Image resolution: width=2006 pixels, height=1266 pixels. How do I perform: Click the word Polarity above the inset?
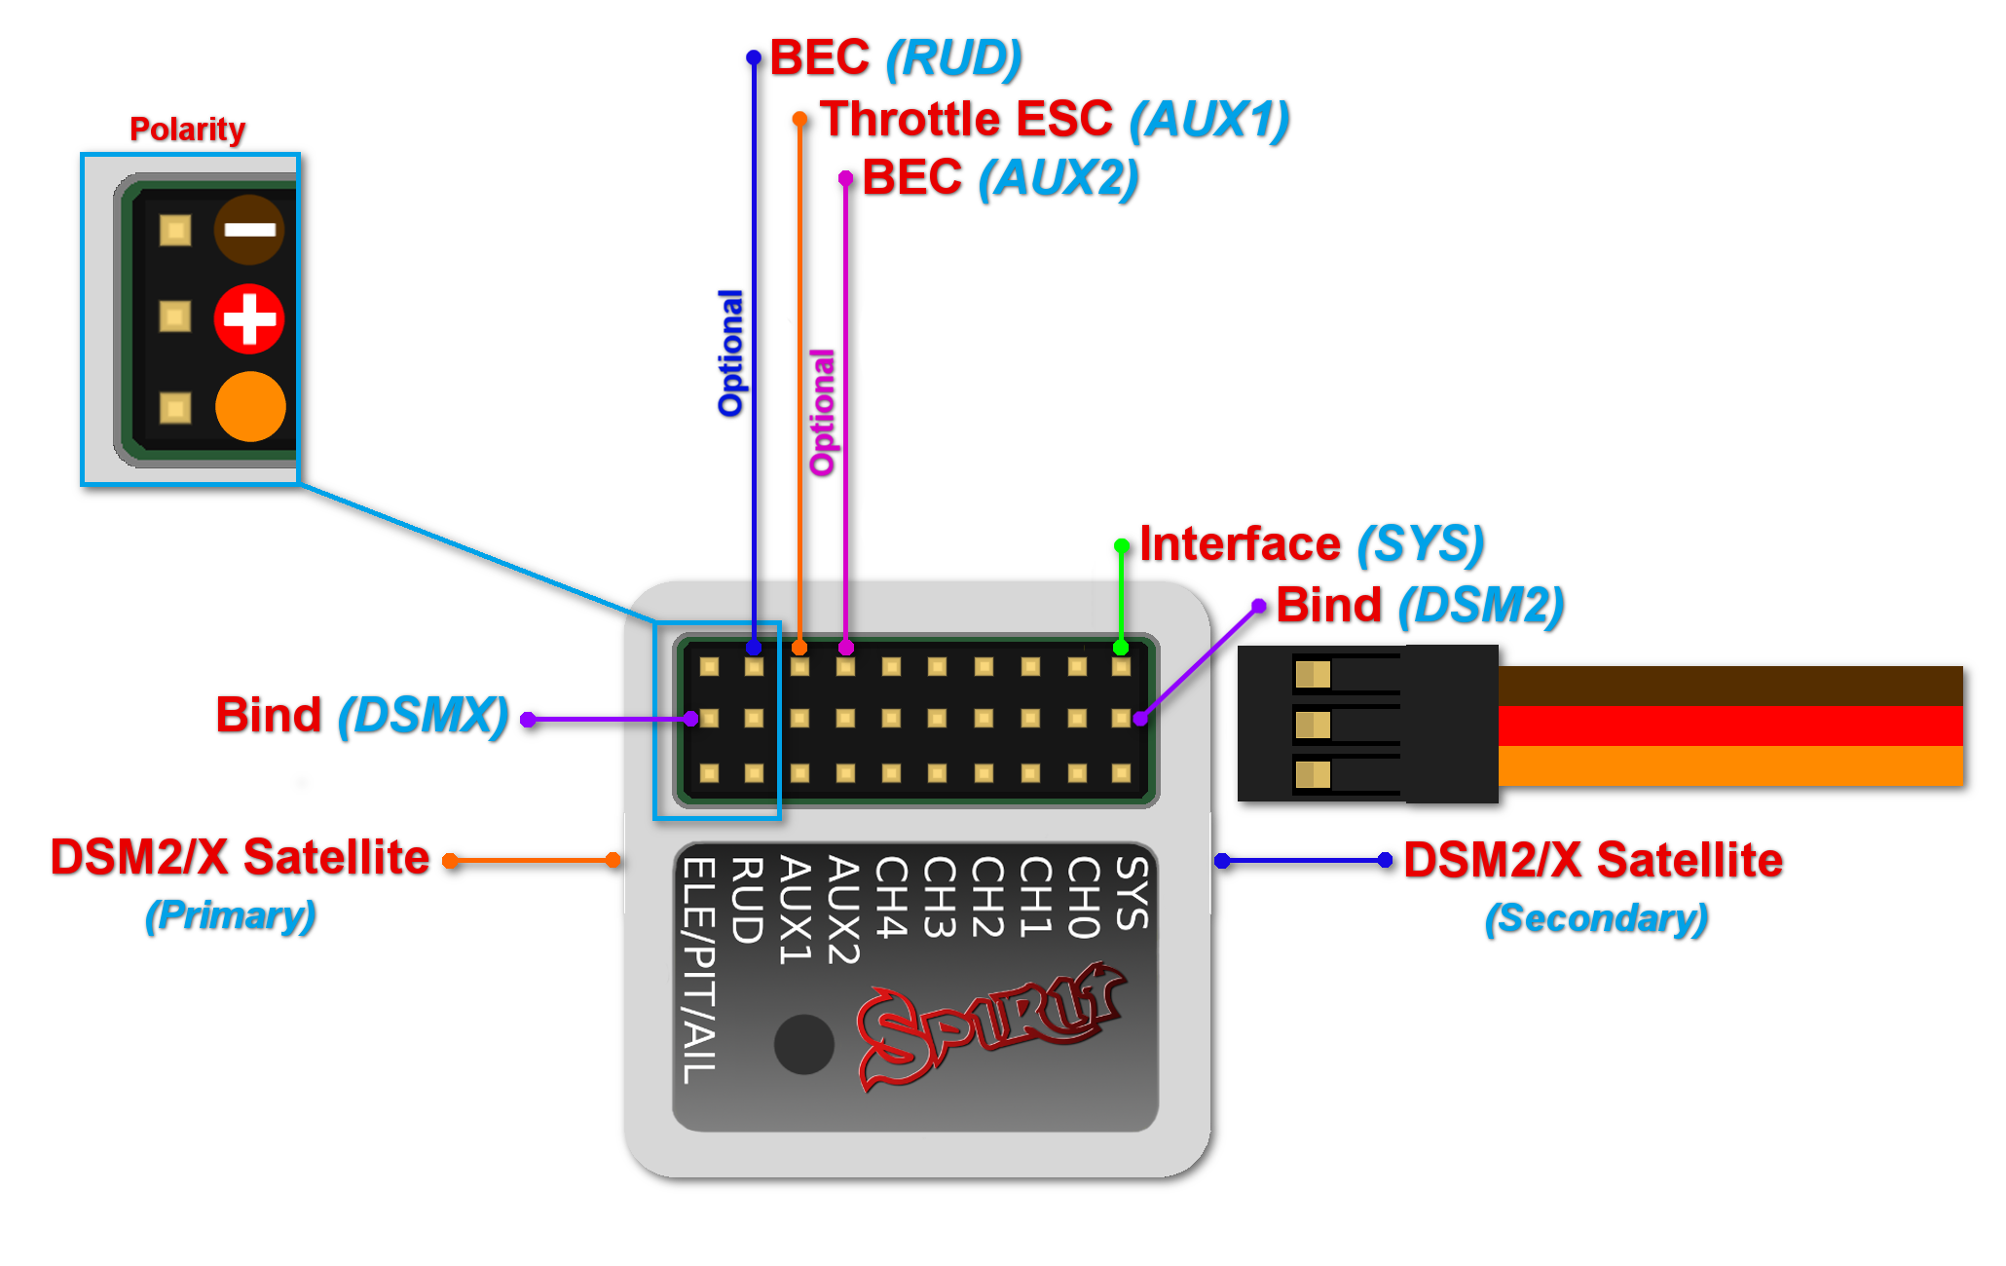tap(187, 129)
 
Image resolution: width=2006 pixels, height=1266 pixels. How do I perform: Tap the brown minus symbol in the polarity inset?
tap(249, 230)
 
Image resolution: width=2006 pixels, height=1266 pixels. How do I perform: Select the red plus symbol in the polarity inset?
tap(249, 318)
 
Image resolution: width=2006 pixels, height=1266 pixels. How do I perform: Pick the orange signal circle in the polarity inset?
tap(250, 406)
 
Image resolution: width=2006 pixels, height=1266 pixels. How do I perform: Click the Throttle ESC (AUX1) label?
tap(1054, 119)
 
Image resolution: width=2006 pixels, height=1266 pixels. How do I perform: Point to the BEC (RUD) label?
tap(895, 57)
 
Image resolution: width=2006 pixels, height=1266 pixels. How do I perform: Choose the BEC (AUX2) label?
tap(999, 177)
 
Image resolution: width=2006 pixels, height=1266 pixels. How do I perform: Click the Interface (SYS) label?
tap(1311, 543)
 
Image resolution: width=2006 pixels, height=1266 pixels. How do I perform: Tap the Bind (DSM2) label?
tap(1419, 605)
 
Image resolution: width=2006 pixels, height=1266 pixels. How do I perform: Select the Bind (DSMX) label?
tap(361, 716)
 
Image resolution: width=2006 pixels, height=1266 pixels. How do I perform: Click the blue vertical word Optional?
tap(730, 353)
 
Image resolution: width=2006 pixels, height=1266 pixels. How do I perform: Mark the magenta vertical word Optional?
tap(823, 412)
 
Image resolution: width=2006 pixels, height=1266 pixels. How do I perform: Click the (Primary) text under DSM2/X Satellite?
tap(231, 915)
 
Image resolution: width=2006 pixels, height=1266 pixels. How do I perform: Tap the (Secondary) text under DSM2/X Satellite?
tap(1596, 918)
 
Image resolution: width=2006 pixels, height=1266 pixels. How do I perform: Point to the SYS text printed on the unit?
tap(1132, 893)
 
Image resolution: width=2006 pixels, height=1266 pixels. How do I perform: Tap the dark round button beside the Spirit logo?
tap(804, 1044)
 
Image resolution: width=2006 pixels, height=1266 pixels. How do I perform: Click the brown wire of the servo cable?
tap(1729, 686)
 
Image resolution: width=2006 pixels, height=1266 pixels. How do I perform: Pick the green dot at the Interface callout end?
tap(1122, 546)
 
